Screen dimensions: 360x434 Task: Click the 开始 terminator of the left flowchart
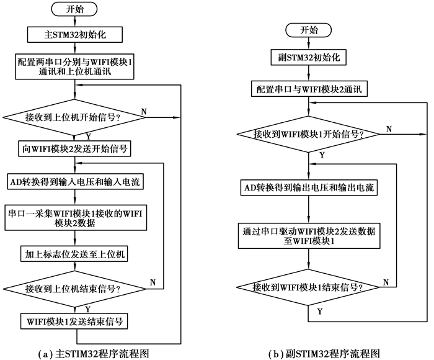coord(76,11)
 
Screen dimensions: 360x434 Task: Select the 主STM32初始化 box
coord(76,34)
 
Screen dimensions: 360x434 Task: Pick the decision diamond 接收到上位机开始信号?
coord(76,116)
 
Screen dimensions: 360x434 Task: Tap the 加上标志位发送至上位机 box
coord(76,254)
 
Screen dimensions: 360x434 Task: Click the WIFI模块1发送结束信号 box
coord(76,322)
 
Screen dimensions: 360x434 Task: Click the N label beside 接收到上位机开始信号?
coord(144,110)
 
